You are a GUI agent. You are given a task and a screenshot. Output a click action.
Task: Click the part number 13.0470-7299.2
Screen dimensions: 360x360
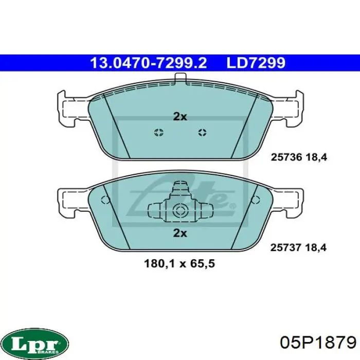pos(149,63)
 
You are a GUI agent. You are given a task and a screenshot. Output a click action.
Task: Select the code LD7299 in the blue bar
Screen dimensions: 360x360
pos(256,63)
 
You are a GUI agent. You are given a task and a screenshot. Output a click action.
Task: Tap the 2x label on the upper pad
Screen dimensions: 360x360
pos(180,117)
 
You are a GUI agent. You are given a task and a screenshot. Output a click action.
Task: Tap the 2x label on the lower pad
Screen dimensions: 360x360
pos(180,233)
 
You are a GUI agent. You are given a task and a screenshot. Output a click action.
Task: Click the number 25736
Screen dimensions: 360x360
pos(286,157)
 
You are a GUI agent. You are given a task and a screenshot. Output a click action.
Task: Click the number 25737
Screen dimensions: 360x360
pos(285,247)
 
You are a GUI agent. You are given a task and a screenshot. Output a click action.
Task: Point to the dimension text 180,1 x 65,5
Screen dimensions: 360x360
pos(179,263)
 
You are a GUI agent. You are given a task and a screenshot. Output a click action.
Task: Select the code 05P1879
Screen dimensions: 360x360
pos(318,343)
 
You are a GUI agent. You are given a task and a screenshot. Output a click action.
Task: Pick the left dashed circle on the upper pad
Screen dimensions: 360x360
pos(158,133)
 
